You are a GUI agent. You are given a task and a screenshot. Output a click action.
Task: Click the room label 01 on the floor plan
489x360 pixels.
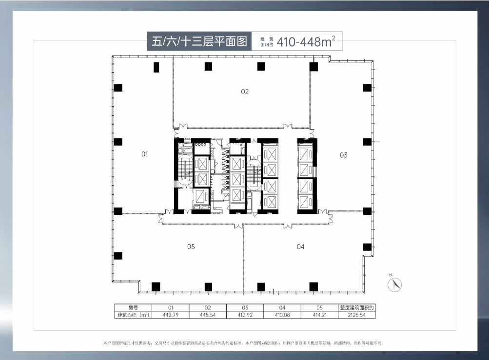(144, 154)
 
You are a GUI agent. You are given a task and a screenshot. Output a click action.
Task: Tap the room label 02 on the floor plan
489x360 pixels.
(245, 91)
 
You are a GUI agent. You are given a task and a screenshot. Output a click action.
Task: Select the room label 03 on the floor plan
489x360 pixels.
(344, 155)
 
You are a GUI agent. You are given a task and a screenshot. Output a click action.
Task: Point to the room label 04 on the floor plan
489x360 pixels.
(300, 246)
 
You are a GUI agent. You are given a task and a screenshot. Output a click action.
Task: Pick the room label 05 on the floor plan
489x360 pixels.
(191, 246)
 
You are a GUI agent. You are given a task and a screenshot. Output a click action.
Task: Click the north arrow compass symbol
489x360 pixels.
(394, 284)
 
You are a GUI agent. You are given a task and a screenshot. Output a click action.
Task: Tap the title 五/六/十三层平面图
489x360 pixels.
(200, 41)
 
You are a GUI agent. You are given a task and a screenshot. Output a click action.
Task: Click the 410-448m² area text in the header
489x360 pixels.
(307, 41)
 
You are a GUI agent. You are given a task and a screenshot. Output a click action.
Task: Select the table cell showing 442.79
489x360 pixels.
(171, 315)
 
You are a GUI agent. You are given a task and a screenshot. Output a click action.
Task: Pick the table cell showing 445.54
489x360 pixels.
(208, 315)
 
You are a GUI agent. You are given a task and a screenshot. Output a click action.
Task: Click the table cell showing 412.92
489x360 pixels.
(245, 315)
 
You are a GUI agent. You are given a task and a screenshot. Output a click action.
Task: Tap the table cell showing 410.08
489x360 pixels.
(282, 315)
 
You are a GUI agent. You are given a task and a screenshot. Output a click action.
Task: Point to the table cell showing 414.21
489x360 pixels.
(319, 315)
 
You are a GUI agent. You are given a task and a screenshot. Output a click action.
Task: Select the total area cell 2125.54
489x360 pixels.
(357, 315)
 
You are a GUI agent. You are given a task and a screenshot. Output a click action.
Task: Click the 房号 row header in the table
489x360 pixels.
(133, 308)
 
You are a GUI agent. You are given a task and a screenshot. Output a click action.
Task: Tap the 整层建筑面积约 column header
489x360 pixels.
(357, 308)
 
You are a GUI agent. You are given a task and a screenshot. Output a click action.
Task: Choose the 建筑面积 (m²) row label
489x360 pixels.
(133, 315)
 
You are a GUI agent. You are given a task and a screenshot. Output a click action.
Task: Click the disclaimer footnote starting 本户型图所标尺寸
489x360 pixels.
(244, 343)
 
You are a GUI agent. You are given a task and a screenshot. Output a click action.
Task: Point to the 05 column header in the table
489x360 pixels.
(319, 308)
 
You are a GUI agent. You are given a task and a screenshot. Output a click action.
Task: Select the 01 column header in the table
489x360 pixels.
(171, 308)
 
